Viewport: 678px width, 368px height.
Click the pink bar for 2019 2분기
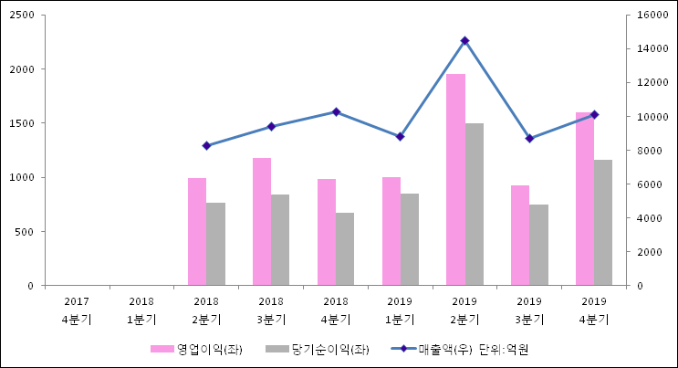(455, 180)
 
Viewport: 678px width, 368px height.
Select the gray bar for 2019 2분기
(475, 205)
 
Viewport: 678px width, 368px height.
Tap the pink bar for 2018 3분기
(262, 222)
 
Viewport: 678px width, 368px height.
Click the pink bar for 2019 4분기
(585, 199)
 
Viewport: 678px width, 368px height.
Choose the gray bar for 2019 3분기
(539, 245)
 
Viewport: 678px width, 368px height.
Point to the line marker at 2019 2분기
(464, 41)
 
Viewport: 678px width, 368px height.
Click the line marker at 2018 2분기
(206, 146)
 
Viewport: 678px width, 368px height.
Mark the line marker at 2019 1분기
(400, 137)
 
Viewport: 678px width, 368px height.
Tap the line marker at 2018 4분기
(336, 112)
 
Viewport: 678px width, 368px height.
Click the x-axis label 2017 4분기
(77, 310)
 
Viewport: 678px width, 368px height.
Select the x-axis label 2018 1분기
(141, 310)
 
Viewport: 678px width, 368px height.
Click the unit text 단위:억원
(504, 349)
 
